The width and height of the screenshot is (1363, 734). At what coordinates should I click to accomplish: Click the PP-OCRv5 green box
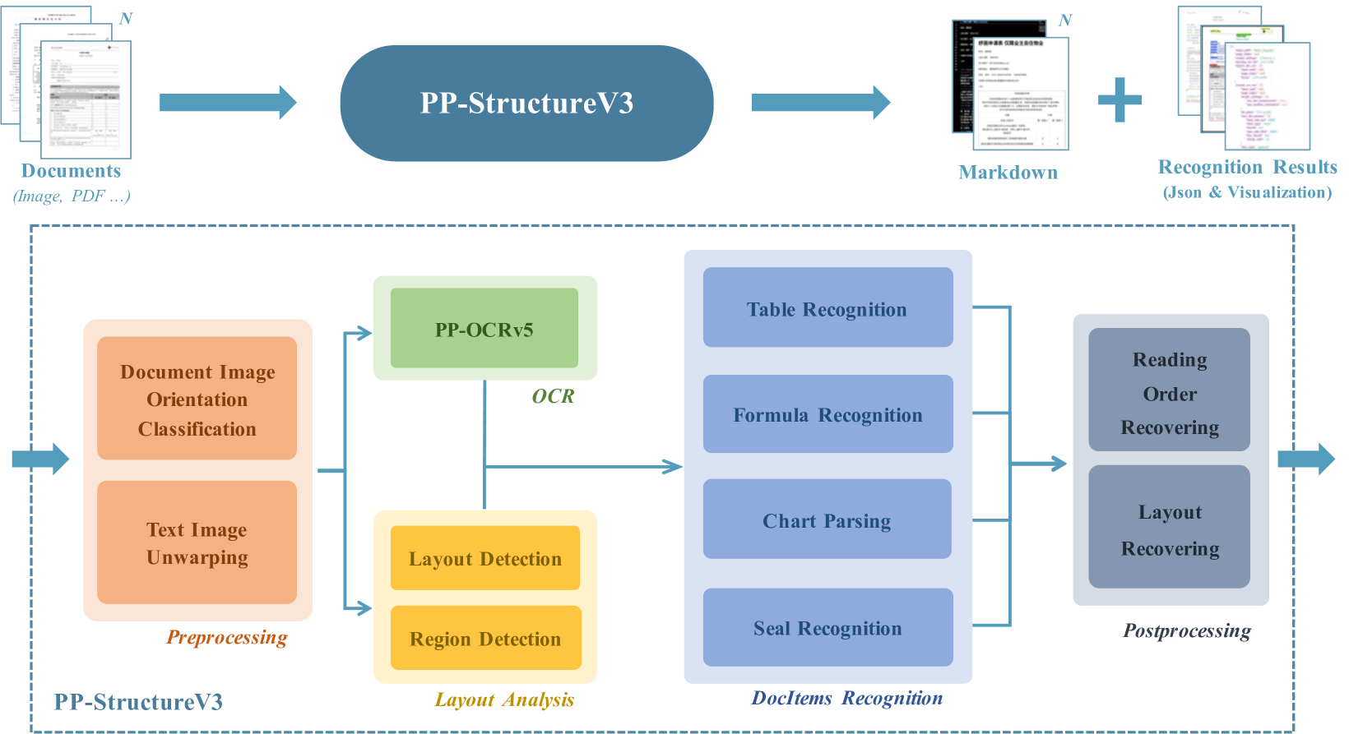tap(484, 329)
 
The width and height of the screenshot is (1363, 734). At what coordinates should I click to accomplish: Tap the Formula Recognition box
tap(828, 414)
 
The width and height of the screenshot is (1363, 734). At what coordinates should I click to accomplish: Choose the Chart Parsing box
tap(827, 519)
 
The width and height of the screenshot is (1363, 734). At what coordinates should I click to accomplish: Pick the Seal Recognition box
tap(828, 627)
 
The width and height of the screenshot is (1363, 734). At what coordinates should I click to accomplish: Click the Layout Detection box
tap(484, 558)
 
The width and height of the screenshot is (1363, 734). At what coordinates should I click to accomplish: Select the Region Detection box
tap(485, 638)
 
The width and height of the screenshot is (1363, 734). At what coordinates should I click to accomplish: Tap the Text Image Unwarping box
tap(197, 542)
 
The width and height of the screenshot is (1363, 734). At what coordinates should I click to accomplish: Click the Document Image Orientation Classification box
tap(197, 399)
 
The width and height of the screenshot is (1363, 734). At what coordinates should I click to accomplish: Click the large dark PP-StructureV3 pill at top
tap(526, 103)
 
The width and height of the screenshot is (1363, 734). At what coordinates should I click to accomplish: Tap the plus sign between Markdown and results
tap(1120, 100)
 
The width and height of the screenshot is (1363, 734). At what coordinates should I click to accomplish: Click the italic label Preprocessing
tap(227, 637)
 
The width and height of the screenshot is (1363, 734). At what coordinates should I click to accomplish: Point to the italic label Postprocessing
tap(1186, 630)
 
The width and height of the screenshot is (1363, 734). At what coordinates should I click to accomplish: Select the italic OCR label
tap(553, 396)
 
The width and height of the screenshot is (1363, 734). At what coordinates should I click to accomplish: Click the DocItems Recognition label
tap(846, 698)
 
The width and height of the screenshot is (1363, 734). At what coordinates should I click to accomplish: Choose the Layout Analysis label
tap(504, 699)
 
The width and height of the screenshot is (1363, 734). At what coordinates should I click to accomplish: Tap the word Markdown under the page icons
tap(1008, 173)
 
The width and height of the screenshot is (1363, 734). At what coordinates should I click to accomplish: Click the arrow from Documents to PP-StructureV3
tap(227, 102)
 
